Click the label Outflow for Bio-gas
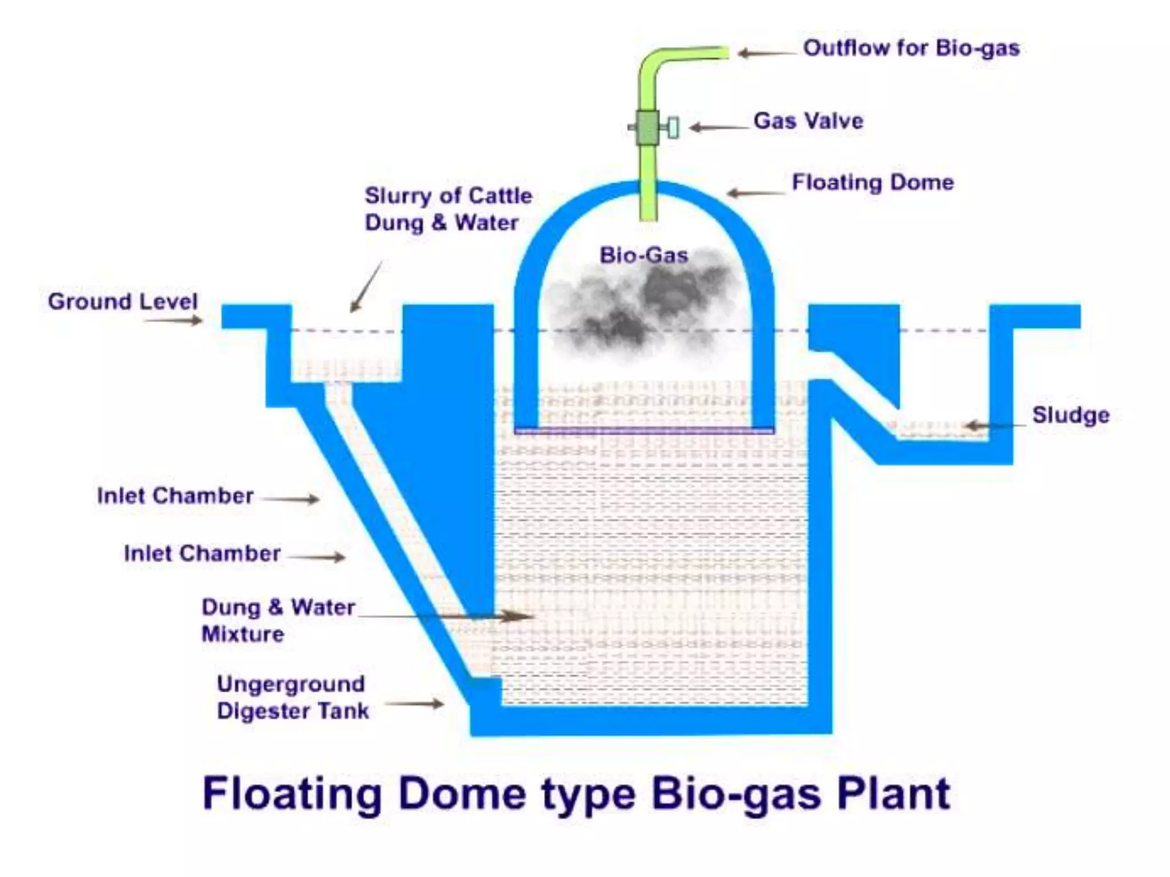click(911, 49)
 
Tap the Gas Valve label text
click(808, 121)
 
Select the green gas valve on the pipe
click(648, 127)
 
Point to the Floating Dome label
click(872, 183)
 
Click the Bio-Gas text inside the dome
click(643, 255)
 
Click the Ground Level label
click(122, 301)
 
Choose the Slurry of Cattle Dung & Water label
click(448, 209)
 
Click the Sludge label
click(1070, 415)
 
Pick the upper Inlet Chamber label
click(175, 496)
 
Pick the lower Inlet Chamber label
click(202, 553)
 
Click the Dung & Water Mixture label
click(278, 620)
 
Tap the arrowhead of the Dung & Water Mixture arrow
click(523, 616)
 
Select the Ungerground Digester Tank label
click(292, 697)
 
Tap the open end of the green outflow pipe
click(726, 53)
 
